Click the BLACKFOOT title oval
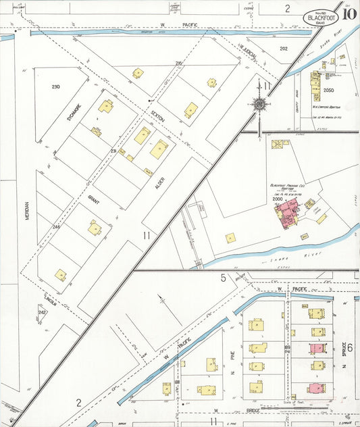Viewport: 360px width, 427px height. tap(320, 16)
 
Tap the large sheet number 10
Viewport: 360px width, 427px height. tap(349, 13)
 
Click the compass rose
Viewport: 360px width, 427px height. tap(258, 103)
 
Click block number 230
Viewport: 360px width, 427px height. tap(55, 86)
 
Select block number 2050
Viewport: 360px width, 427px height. tap(329, 90)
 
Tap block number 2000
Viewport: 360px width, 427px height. tap(278, 199)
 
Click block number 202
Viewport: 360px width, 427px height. tap(284, 48)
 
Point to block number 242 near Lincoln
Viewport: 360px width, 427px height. tap(42, 312)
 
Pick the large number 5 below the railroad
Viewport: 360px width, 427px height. tap(222, 278)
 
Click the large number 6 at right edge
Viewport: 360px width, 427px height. tap(350, 347)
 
